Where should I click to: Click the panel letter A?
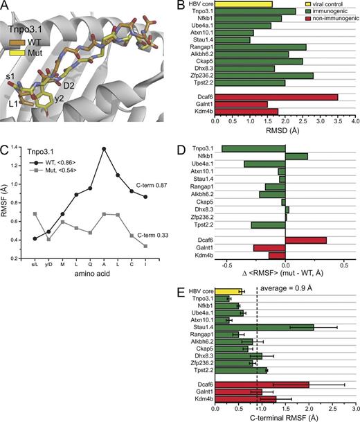point(6,6)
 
